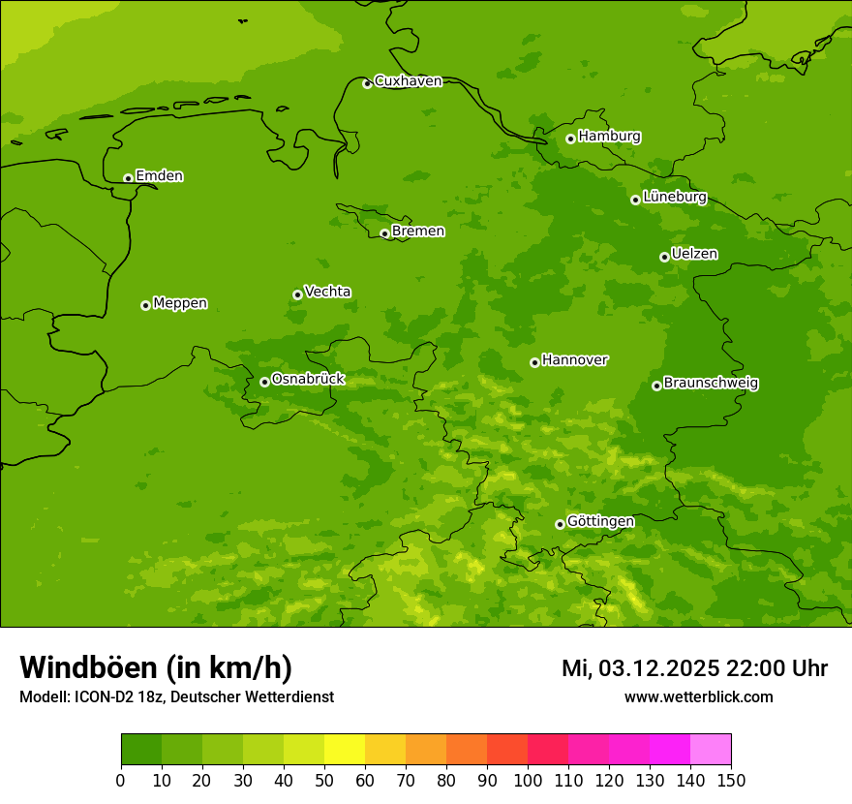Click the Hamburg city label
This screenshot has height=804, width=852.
[609, 137]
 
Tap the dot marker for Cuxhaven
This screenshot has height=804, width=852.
[367, 84]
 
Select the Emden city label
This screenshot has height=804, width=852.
[159, 176]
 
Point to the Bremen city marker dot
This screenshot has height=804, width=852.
[384, 233]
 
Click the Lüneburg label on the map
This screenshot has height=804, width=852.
[674, 197]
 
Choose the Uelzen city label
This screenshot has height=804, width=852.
[694, 255]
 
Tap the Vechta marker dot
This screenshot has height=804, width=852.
[297, 294]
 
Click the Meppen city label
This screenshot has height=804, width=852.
[180, 303]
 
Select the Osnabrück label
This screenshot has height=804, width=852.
[308, 380]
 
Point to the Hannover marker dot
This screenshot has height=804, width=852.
[534, 362]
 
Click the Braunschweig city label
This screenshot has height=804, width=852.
[711, 384]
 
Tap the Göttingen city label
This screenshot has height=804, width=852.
[600, 522]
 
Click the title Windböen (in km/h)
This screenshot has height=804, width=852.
[156, 667]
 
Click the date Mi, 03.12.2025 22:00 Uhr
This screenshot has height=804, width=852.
[694, 668]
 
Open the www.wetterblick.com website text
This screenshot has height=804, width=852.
[698, 697]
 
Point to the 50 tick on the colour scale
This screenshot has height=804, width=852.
[324, 780]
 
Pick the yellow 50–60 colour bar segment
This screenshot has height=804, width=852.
[345, 750]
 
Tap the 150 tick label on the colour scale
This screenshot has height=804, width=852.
[731, 780]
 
